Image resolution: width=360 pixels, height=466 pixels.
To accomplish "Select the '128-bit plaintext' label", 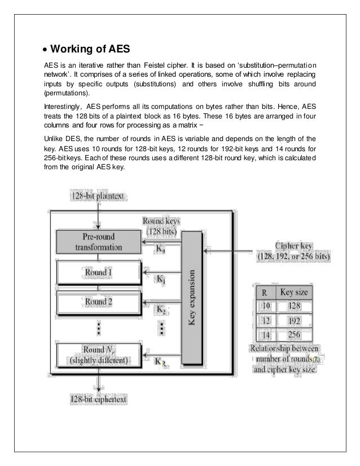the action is click(98, 196).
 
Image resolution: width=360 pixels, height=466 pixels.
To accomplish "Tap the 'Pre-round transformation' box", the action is click(98, 243).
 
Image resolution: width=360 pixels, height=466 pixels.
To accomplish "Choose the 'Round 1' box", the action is click(98, 273).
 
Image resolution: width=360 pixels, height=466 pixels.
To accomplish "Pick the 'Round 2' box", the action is click(98, 301).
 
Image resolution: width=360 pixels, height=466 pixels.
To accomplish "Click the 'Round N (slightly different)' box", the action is click(98, 354).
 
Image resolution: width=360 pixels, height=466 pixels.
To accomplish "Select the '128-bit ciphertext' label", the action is click(98, 399).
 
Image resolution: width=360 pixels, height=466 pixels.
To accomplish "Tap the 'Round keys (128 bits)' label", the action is click(161, 226).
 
